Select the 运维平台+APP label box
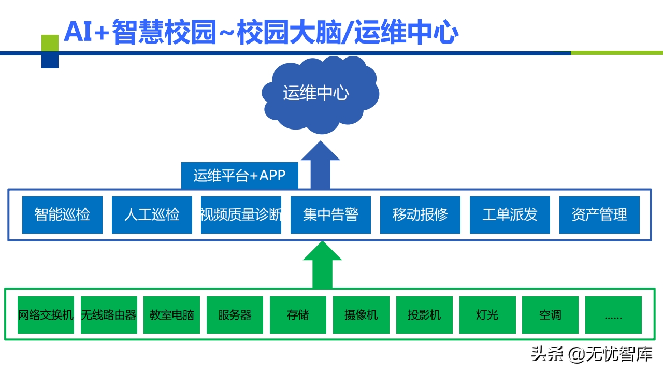(239, 175)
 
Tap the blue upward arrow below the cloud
(321, 163)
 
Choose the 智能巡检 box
(62, 214)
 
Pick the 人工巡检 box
(152, 214)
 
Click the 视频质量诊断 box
(241, 214)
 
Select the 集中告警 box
(330, 214)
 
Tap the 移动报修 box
(420, 214)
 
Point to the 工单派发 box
(510, 214)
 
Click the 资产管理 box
(599, 214)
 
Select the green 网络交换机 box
(46, 315)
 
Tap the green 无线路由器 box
(109, 315)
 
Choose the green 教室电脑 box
(172, 315)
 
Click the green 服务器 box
(235, 315)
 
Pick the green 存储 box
(298, 315)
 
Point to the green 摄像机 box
(361, 315)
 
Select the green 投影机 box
(424, 315)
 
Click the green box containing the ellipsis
(613, 315)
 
